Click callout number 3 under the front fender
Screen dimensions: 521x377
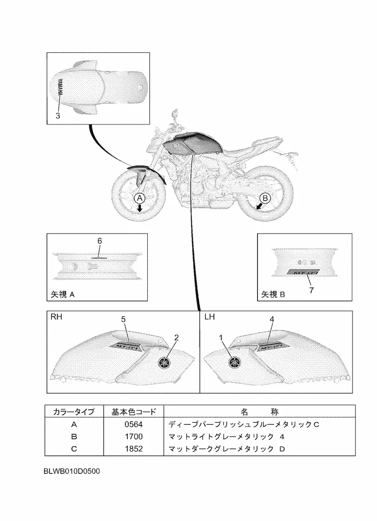coord(58,116)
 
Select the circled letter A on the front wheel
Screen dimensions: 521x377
coord(140,198)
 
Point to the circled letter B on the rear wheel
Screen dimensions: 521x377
coord(265,198)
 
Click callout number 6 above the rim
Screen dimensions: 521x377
coord(99,241)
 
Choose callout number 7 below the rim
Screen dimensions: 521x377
coord(311,289)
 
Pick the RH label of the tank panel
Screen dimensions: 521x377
coord(56,317)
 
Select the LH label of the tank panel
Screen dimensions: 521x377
coord(209,317)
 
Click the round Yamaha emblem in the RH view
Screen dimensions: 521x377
coord(165,363)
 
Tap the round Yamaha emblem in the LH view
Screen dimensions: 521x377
coord(235,363)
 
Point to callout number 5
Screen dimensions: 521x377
coord(123,319)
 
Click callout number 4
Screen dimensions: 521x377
coord(272,319)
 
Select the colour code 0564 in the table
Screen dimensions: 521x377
coord(134,424)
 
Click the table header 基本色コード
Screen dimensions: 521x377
coord(134,412)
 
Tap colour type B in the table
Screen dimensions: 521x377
coord(74,436)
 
